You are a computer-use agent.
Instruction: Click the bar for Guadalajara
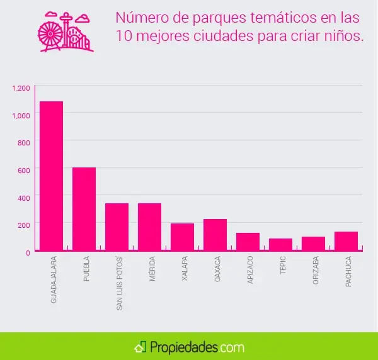point(51,176)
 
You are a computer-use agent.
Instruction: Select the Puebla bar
point(84,209)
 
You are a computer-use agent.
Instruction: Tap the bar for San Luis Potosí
point(117,227)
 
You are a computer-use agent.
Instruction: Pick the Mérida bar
point(149,227)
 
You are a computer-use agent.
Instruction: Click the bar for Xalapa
point(182,237)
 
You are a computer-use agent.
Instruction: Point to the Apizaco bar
point(248,242)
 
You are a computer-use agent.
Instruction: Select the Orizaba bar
point(313,244)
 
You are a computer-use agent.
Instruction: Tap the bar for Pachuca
point(346,241)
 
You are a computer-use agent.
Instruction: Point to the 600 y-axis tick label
point(23,170)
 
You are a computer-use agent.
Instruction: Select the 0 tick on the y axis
point(27,252)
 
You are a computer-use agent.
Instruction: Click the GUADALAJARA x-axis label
point(54,279)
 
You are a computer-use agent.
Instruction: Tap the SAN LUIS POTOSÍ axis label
point(119,283)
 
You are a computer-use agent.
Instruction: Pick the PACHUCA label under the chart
point(348,271)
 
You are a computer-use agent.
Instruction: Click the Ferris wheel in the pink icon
point(50,37)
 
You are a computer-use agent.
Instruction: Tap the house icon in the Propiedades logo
point(140,347)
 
